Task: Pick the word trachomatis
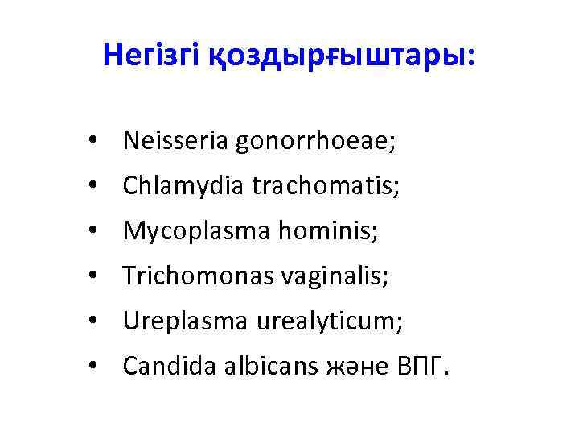(x=326, y=187)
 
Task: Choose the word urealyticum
(x=330, y=323)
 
